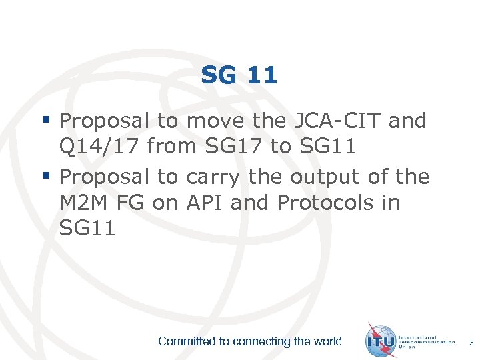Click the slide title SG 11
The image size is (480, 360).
pos(239,75)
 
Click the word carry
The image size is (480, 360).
pos(214,177)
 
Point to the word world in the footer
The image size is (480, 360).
pos(327,341)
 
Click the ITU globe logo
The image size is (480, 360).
pos(381,340)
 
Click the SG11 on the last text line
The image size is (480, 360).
pos(87,228)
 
